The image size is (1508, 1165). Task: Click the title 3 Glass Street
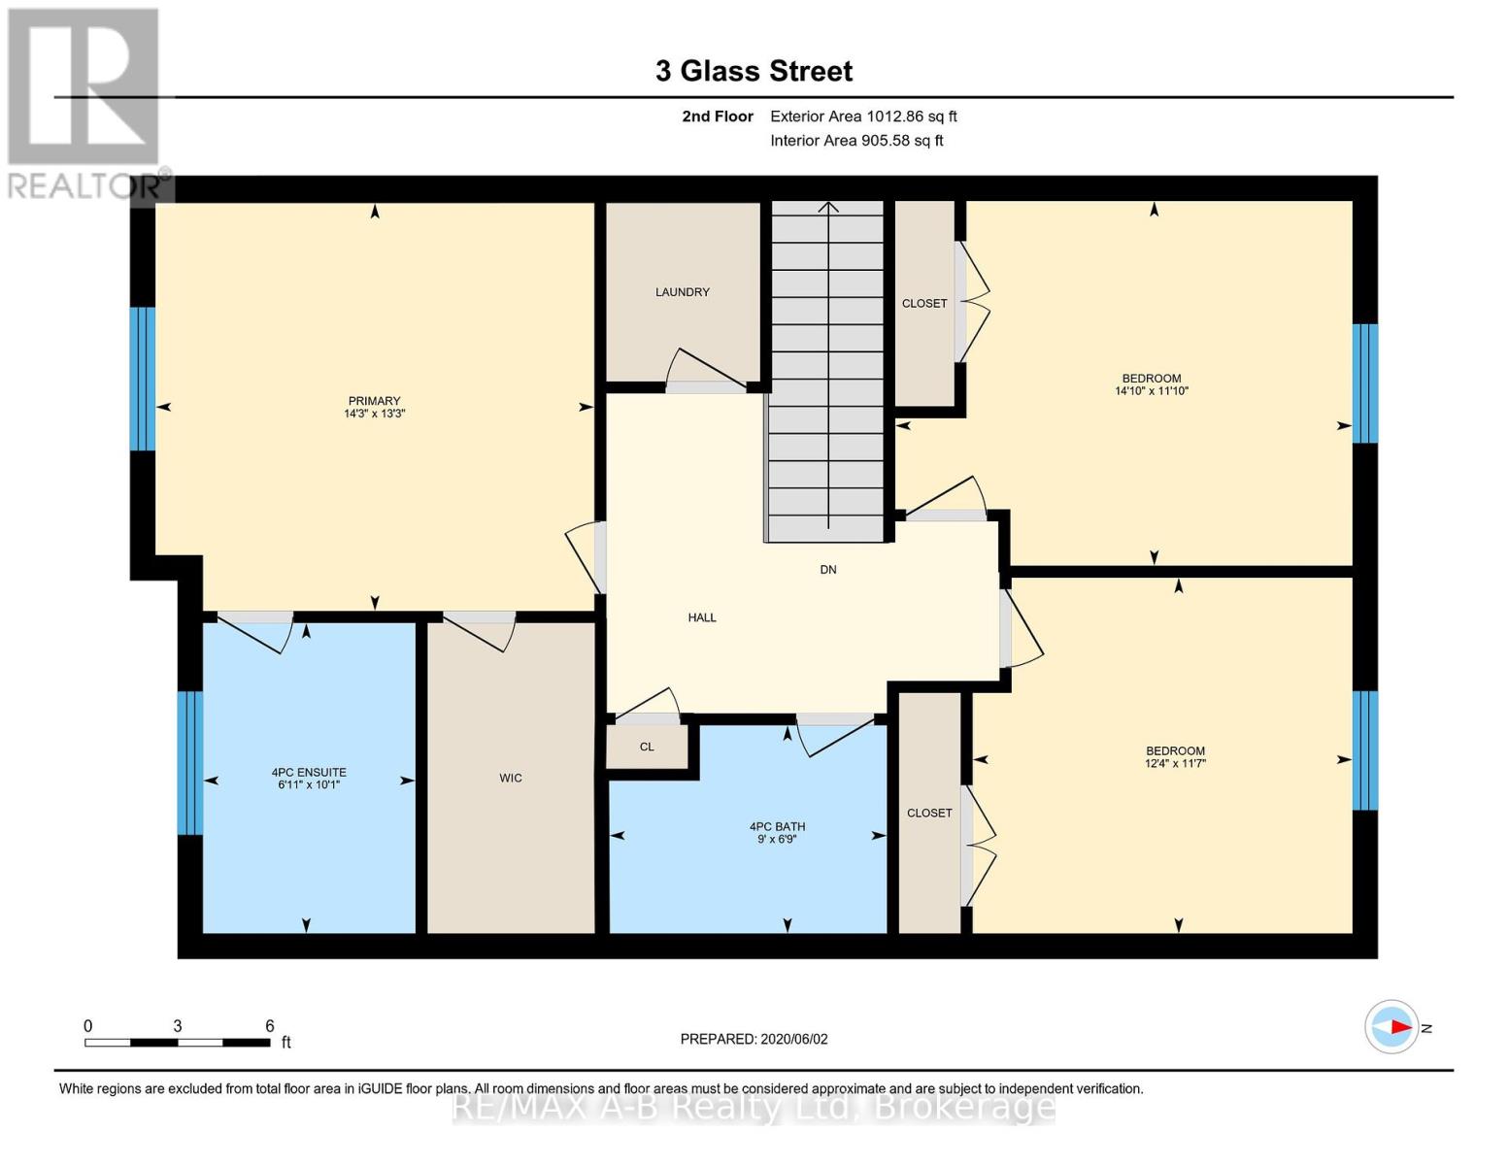click(754, 71)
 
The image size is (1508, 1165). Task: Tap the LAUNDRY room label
click(682, 292)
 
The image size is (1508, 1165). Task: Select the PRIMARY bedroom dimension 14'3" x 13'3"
click(374, 414)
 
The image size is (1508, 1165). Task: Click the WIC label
click(511, 778)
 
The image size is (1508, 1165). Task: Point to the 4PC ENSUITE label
click(309, 773)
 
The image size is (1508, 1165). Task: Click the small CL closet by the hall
click(647, 747)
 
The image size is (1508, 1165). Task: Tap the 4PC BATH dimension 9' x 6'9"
click(777, 840)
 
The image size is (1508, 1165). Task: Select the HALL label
click(702, 617)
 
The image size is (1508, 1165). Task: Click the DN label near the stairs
click(828, 570)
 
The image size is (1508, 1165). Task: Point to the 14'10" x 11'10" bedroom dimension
click(1152, 391)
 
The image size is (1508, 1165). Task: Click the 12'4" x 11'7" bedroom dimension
click(1175, 764)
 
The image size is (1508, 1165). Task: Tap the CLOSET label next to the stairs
click(924, 304)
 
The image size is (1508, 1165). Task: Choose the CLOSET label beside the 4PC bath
click(929, 813)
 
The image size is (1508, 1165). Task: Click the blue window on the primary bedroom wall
click(143, 379)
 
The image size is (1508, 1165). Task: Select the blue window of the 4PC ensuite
click(189, 762)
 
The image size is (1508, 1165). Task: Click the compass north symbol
click(1392, 1026)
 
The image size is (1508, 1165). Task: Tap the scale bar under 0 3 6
click(178, 1043)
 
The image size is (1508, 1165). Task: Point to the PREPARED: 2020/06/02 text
click(754, 1039)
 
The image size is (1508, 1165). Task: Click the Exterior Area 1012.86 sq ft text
click(863, 116)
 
